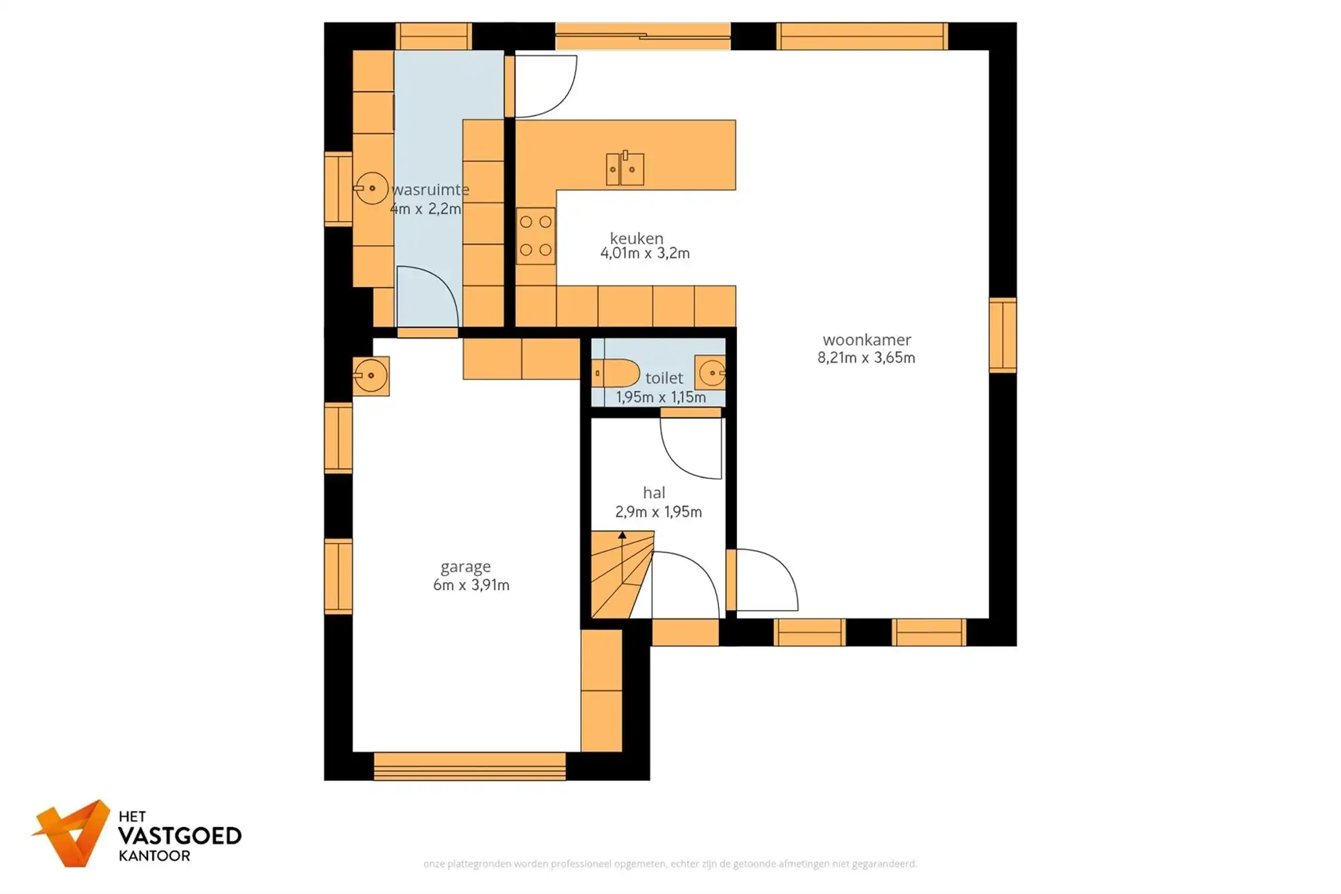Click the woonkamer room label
pyautogui.click(x=866, y=340)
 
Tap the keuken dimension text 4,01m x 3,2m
pyautogui.click(x=644, y=254)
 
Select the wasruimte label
pyautogui.click(x=430, y=190)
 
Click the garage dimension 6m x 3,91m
pyautogui.click(x=471, y=585)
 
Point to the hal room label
pyautogui.click(x=654, y=493)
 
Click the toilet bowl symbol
pyautogui.click(x=616, y=373)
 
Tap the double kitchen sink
pyautogui.click(x=624, y=168)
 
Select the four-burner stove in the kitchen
pyautogui.click(x=536, y=235)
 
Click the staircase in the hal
pyautogui.click(x=620, y=574)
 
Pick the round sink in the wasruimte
pyautogui.click(x=371, y=188)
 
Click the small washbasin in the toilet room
pyautogui.click(x=711, y=373)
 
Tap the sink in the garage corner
pyautogui.click(x=370, y=376)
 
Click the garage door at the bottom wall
pyautogui.click(x=469, y=766)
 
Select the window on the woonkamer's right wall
pyautogui.click(x=1002, y=335)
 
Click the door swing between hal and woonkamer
pyautogui.click(x=764, y=580)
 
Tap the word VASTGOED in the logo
pyautogui.click(x=179, y=836)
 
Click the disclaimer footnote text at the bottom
pyautogui.click(x=670, y=864)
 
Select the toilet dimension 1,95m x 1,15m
pyautogui.click(x=660, y=397)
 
